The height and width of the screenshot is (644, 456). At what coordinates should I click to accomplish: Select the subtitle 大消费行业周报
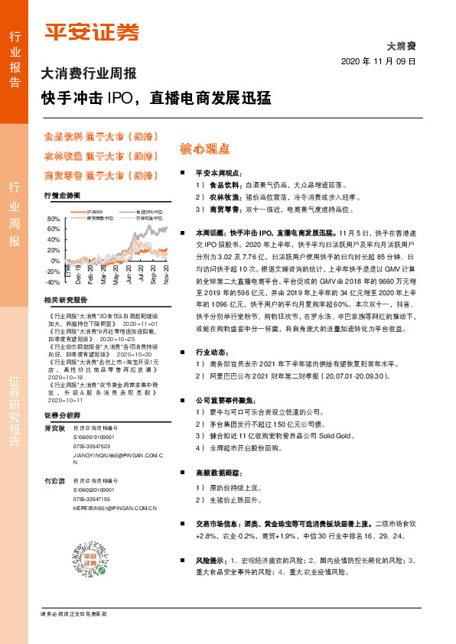pyautogui.click(x=88, y=74)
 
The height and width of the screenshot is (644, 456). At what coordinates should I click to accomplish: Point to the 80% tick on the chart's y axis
pyautogui.click(x=54, y=218)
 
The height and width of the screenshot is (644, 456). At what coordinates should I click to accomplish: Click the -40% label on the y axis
pyautogui.click(x=53, y=281)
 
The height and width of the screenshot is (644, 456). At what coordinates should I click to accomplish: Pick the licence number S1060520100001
pyautogui.click(x=93, y=488)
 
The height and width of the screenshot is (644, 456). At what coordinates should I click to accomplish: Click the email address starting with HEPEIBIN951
pyautogui.click(x=115, y=507)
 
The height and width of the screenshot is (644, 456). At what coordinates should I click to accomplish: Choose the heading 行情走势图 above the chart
pyautogui.click(x=62, y=197)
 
